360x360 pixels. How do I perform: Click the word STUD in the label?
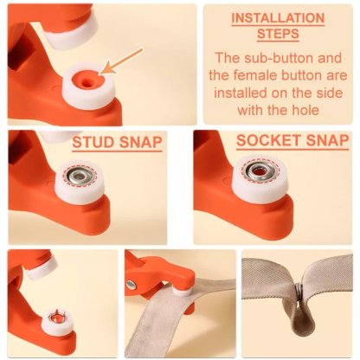(x=95, y=142)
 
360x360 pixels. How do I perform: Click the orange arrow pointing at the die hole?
(x=122, y=59)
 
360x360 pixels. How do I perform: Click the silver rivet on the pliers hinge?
(x=131, y=285)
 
